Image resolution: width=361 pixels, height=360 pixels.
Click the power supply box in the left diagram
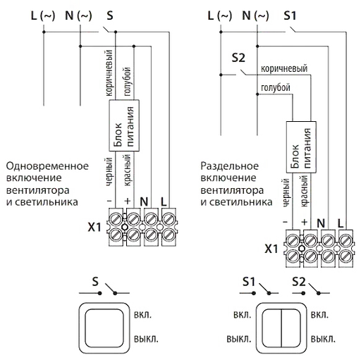(124, 125)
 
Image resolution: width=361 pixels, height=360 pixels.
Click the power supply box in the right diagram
(301, 147)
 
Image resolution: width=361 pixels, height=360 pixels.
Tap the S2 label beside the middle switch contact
(238, 58)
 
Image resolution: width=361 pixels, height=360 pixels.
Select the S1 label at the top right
(290, 15)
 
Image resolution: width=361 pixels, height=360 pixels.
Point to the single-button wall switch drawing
(104, 328)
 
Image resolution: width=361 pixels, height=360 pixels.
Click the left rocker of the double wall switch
(271, 328)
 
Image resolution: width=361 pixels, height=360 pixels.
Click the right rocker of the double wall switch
(291, 328)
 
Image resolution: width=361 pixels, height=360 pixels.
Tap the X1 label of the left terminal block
(94, 227)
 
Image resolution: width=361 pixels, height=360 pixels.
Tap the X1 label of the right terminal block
(271, 249)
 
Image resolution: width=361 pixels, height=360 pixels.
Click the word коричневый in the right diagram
(284, 68)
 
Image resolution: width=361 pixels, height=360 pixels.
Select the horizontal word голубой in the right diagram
(276, 88)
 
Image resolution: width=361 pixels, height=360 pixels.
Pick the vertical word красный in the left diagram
(127, 170)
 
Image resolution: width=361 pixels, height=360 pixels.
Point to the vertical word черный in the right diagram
(286, 192)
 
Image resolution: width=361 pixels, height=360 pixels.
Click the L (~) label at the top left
(43, 16)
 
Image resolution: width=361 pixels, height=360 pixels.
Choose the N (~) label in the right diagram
(255, 16)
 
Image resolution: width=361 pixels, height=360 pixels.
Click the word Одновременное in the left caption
(47, 166)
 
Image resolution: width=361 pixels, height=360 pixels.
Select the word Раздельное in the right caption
(230, 166)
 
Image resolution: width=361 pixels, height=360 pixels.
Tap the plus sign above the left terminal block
(127, 201)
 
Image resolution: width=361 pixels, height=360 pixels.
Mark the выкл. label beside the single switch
(146, 339)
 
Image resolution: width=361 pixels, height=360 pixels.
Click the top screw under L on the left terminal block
(169, 219)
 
